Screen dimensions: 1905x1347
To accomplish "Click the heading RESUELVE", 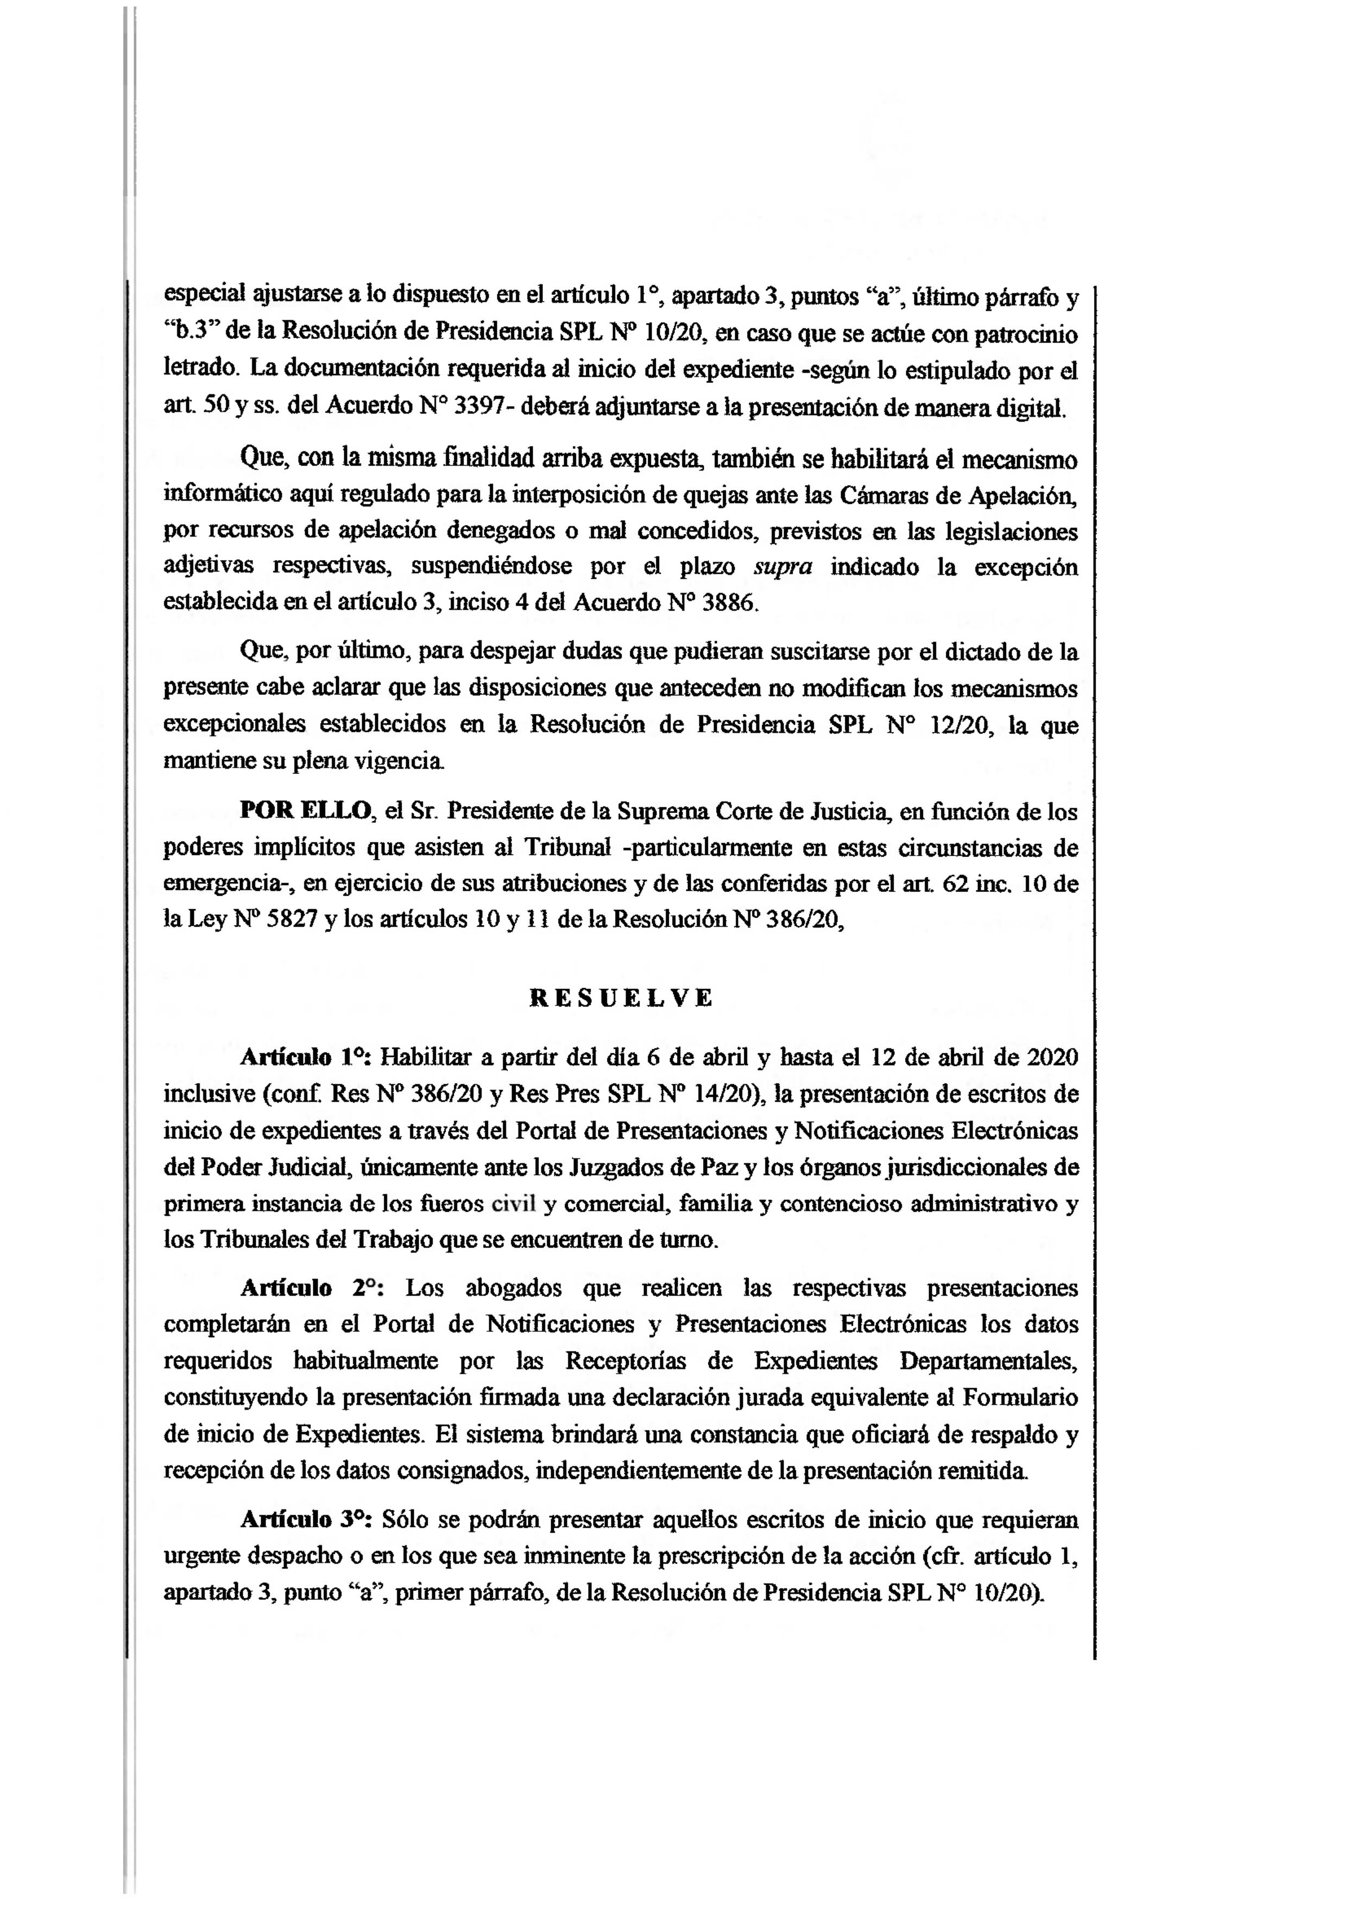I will click(621, 998).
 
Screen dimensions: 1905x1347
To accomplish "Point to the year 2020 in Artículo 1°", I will click(1052, 1058).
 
